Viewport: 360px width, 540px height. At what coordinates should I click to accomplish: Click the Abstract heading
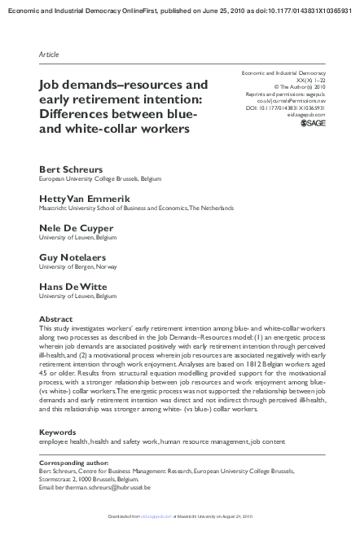(x=56, y=319)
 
